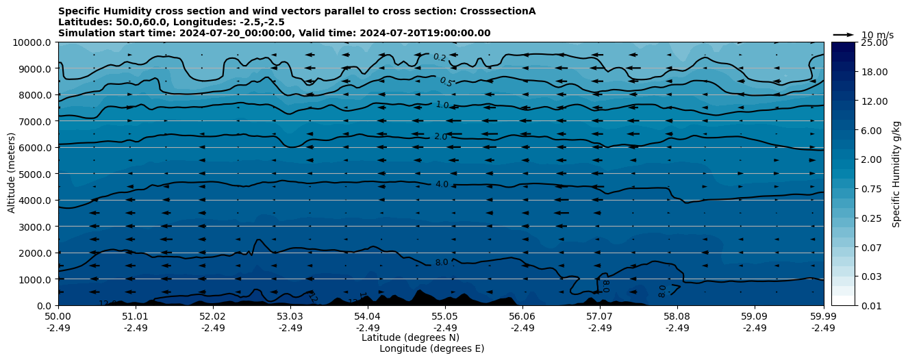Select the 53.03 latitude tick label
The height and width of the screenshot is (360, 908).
click(290, 317)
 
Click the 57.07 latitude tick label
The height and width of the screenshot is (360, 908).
click(600, 317)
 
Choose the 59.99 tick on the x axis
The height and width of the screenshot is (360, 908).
click(823, 317)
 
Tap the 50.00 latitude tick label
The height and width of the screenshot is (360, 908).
click(58, 317)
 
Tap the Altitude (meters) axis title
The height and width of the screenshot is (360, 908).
click(12, 174)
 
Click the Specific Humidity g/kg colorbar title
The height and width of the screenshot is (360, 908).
click(896, 174)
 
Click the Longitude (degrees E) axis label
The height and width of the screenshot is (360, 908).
click(431, 348)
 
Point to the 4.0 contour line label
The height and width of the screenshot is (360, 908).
click(442, 185)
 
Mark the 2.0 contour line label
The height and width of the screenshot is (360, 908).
click(440, 137)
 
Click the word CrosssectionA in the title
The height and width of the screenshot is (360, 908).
click(498, 11)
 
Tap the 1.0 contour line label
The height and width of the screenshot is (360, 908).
click(442, 105)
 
